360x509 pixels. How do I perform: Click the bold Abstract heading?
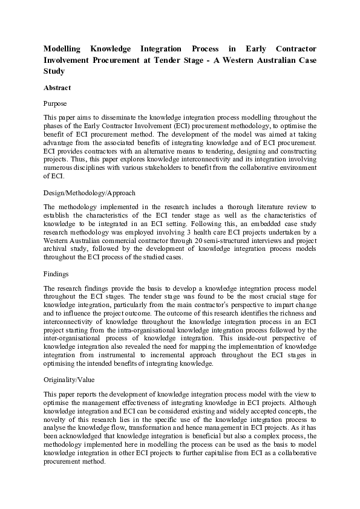click(57, 88)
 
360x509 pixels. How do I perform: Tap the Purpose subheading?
click(56, 104)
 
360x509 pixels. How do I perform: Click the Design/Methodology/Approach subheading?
click(90, 193)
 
